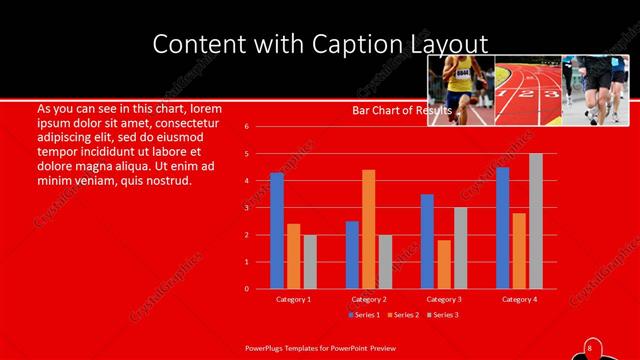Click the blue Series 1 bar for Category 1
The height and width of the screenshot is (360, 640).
click(x=277, y=231)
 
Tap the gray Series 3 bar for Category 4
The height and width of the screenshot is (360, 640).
click(x=536, y=221)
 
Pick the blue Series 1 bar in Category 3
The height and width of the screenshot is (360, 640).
click(x=427, y=241)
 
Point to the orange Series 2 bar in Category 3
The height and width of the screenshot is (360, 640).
click(x=443, y=264)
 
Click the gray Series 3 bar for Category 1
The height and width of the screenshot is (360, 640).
click(x=310, y=261)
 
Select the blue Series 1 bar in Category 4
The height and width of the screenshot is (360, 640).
click(x=502, y=228)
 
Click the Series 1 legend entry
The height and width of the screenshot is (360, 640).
click(x=363, y=315)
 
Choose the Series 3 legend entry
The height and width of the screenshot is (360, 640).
click(x=445, y=315)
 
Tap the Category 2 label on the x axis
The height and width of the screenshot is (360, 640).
click(x=369, y=299)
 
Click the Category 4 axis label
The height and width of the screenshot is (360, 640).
click(x=519, y=299)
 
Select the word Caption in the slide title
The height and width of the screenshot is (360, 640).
click(x=322, y=44)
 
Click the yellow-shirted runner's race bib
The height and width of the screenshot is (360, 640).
click(x=463, y=72)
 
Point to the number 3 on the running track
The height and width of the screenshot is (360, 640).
click(x=548, y=93)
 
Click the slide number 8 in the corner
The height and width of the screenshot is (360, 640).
click(x=589, y=347)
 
